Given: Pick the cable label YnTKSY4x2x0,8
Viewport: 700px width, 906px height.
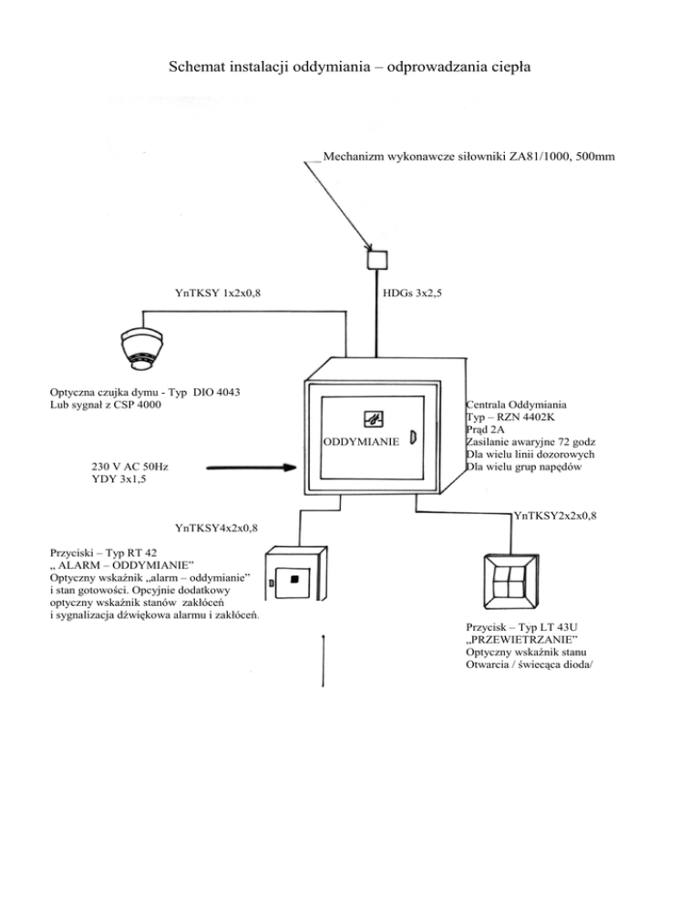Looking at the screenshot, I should (216, 527).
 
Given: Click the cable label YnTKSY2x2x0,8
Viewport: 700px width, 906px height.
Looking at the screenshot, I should (556, 517).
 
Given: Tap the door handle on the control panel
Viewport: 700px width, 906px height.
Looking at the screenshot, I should (412, 438).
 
